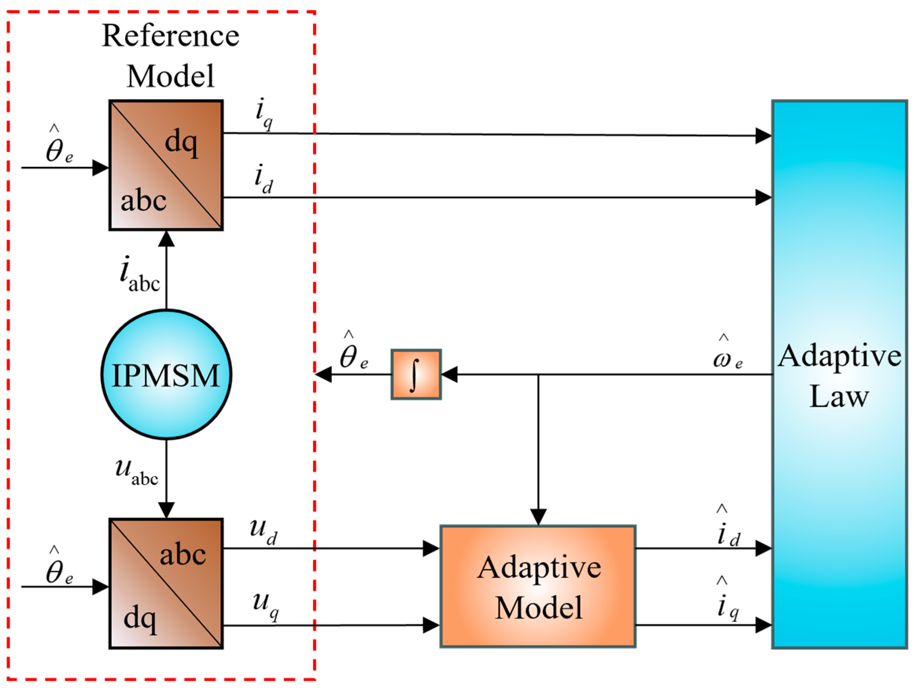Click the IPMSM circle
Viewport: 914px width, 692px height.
tap(166, 374)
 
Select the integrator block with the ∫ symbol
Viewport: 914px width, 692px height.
tap(416, 374)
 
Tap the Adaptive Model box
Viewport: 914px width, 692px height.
tap(537, 587)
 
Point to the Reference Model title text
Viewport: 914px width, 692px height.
tap(170, 56)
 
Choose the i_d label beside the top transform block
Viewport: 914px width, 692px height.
tap(263, 179)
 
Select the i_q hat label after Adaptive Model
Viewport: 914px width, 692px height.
tap(727, 602)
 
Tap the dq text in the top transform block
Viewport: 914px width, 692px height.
tap(181, 142)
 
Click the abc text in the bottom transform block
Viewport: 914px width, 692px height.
tap(183, 555)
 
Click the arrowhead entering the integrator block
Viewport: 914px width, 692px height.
tap(450, 374)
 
